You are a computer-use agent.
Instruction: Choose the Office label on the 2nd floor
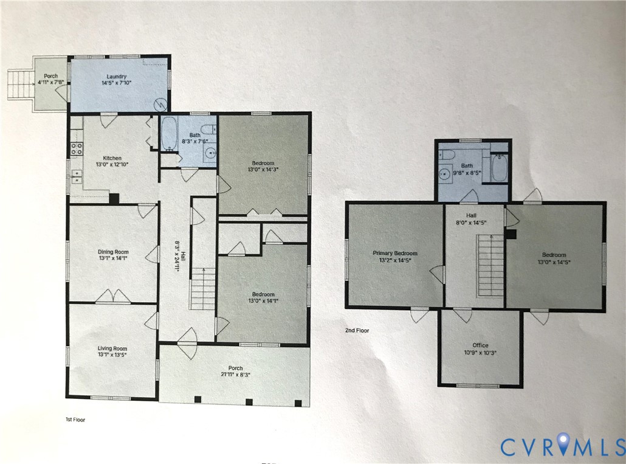coord(481,345)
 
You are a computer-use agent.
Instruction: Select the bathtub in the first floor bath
coord(168,134)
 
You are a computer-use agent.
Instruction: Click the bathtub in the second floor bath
coord(500,168)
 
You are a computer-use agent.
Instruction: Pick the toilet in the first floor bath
coord(208,130)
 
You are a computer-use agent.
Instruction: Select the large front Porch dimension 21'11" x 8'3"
coord(235,375)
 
